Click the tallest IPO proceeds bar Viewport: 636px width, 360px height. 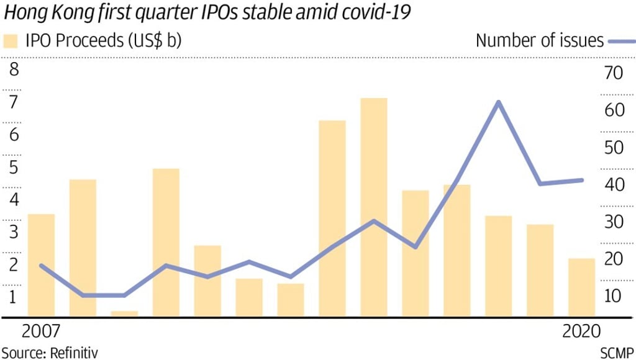tap(373, 208)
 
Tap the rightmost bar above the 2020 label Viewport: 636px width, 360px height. tap(581, 288)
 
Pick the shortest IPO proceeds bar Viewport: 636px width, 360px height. tap(124, 314)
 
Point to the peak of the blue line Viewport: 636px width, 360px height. tap(498, 102)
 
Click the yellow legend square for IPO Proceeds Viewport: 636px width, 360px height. tap(11, 41)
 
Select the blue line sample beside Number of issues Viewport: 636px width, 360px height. tap(621, 41)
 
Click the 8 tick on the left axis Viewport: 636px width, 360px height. tap(12, 69)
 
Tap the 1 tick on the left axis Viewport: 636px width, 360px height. tap(12, 297)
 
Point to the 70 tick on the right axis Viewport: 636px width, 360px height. tap(612, 73)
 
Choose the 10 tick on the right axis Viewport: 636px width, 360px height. tap(612, 296)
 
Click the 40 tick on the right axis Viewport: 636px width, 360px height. tap(612, 185)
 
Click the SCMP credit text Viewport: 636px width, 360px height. tap(617, 353)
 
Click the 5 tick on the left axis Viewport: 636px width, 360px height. tap(12, 167)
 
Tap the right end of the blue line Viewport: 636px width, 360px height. tap(581, 180)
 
